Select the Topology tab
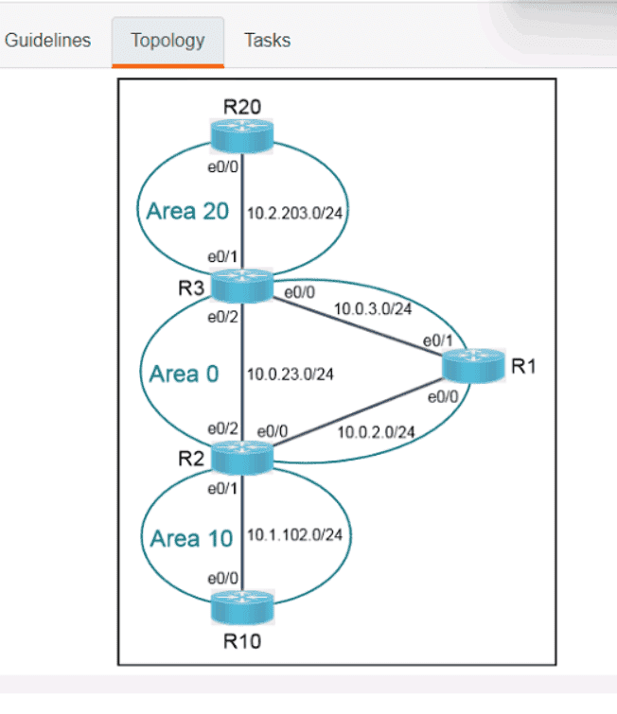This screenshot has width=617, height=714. pos(167,41)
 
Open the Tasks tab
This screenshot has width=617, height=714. pos(267,41)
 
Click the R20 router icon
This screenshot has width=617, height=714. pos(242,135)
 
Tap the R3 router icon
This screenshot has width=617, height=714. pos(242,285)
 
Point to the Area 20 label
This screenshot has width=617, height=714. pos(187,211)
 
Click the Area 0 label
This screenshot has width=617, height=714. pos(184,374)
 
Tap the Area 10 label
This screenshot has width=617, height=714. pos(190,539)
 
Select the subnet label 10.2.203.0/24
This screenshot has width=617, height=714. pos(294,213)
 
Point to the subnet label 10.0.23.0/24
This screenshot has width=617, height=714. pos(290,374)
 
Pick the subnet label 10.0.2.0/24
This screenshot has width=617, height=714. pos(376,432)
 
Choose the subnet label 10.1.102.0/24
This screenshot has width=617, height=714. pos(294,535)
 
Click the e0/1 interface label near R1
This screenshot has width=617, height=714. pos(435,340)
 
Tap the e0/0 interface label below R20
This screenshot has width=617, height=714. pos(222,166)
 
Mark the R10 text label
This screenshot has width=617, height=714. pos(242,642)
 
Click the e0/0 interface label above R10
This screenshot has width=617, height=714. pos(222,576)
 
